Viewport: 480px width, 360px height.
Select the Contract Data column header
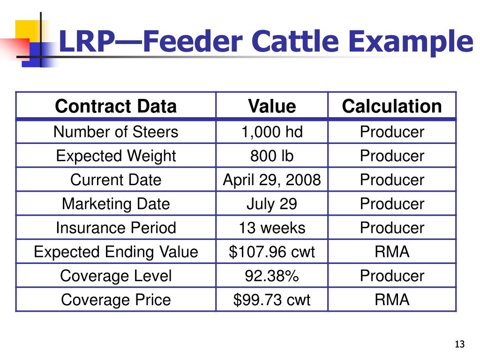(x=116, y=106)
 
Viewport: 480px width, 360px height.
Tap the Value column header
(x=272, y=106)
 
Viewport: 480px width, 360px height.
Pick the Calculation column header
(x=392, y=106)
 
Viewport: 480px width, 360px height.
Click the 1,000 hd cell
(x=272, y=132)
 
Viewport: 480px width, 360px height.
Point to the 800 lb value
(x=272, y=156)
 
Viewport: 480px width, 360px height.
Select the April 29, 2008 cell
(x=272, y=180)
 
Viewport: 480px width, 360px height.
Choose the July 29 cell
(x=272, y=204)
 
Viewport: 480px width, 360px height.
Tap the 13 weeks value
(x=272, y=228)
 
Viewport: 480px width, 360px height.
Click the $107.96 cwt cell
(x=272, y=252)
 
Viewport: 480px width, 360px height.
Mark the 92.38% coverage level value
(x=272, y=276)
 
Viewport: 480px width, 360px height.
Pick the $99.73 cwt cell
(x=272, y=300)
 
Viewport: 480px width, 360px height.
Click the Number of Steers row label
(x=116, y=132)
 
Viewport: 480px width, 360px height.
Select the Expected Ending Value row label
(x=116, y=252)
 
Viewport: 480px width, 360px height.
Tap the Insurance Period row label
(x=116, y=228)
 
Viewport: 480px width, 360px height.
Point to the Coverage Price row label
(x=116, y=300)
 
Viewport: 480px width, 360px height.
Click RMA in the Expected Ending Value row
(x=392, y=252)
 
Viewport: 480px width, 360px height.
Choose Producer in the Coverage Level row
(x=392, y=276)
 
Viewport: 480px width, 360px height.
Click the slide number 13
(x=459, y=345)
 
